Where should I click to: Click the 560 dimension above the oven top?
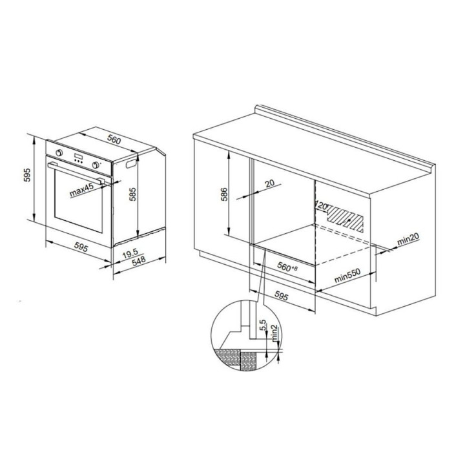tap(114, 139)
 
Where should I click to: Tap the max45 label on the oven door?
tap(81, 190)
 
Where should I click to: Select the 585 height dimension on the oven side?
tap(133, 194)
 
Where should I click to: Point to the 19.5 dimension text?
tap(130, 253)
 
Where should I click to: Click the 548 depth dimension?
tap(139, 261)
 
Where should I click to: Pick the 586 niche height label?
tap(225, 194)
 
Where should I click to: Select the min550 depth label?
tap(347, 276)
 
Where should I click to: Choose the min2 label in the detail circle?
tap(274, 332)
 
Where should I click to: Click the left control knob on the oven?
tap(59, 152)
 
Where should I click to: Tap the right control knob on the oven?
tap(96, 165)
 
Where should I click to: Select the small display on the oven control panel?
tap(78, 157)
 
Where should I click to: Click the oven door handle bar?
tap(76, 171)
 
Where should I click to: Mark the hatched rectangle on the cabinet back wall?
tap(346, 220)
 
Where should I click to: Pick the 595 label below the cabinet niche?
tap(281, 296)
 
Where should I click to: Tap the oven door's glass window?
tap(78, 201)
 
